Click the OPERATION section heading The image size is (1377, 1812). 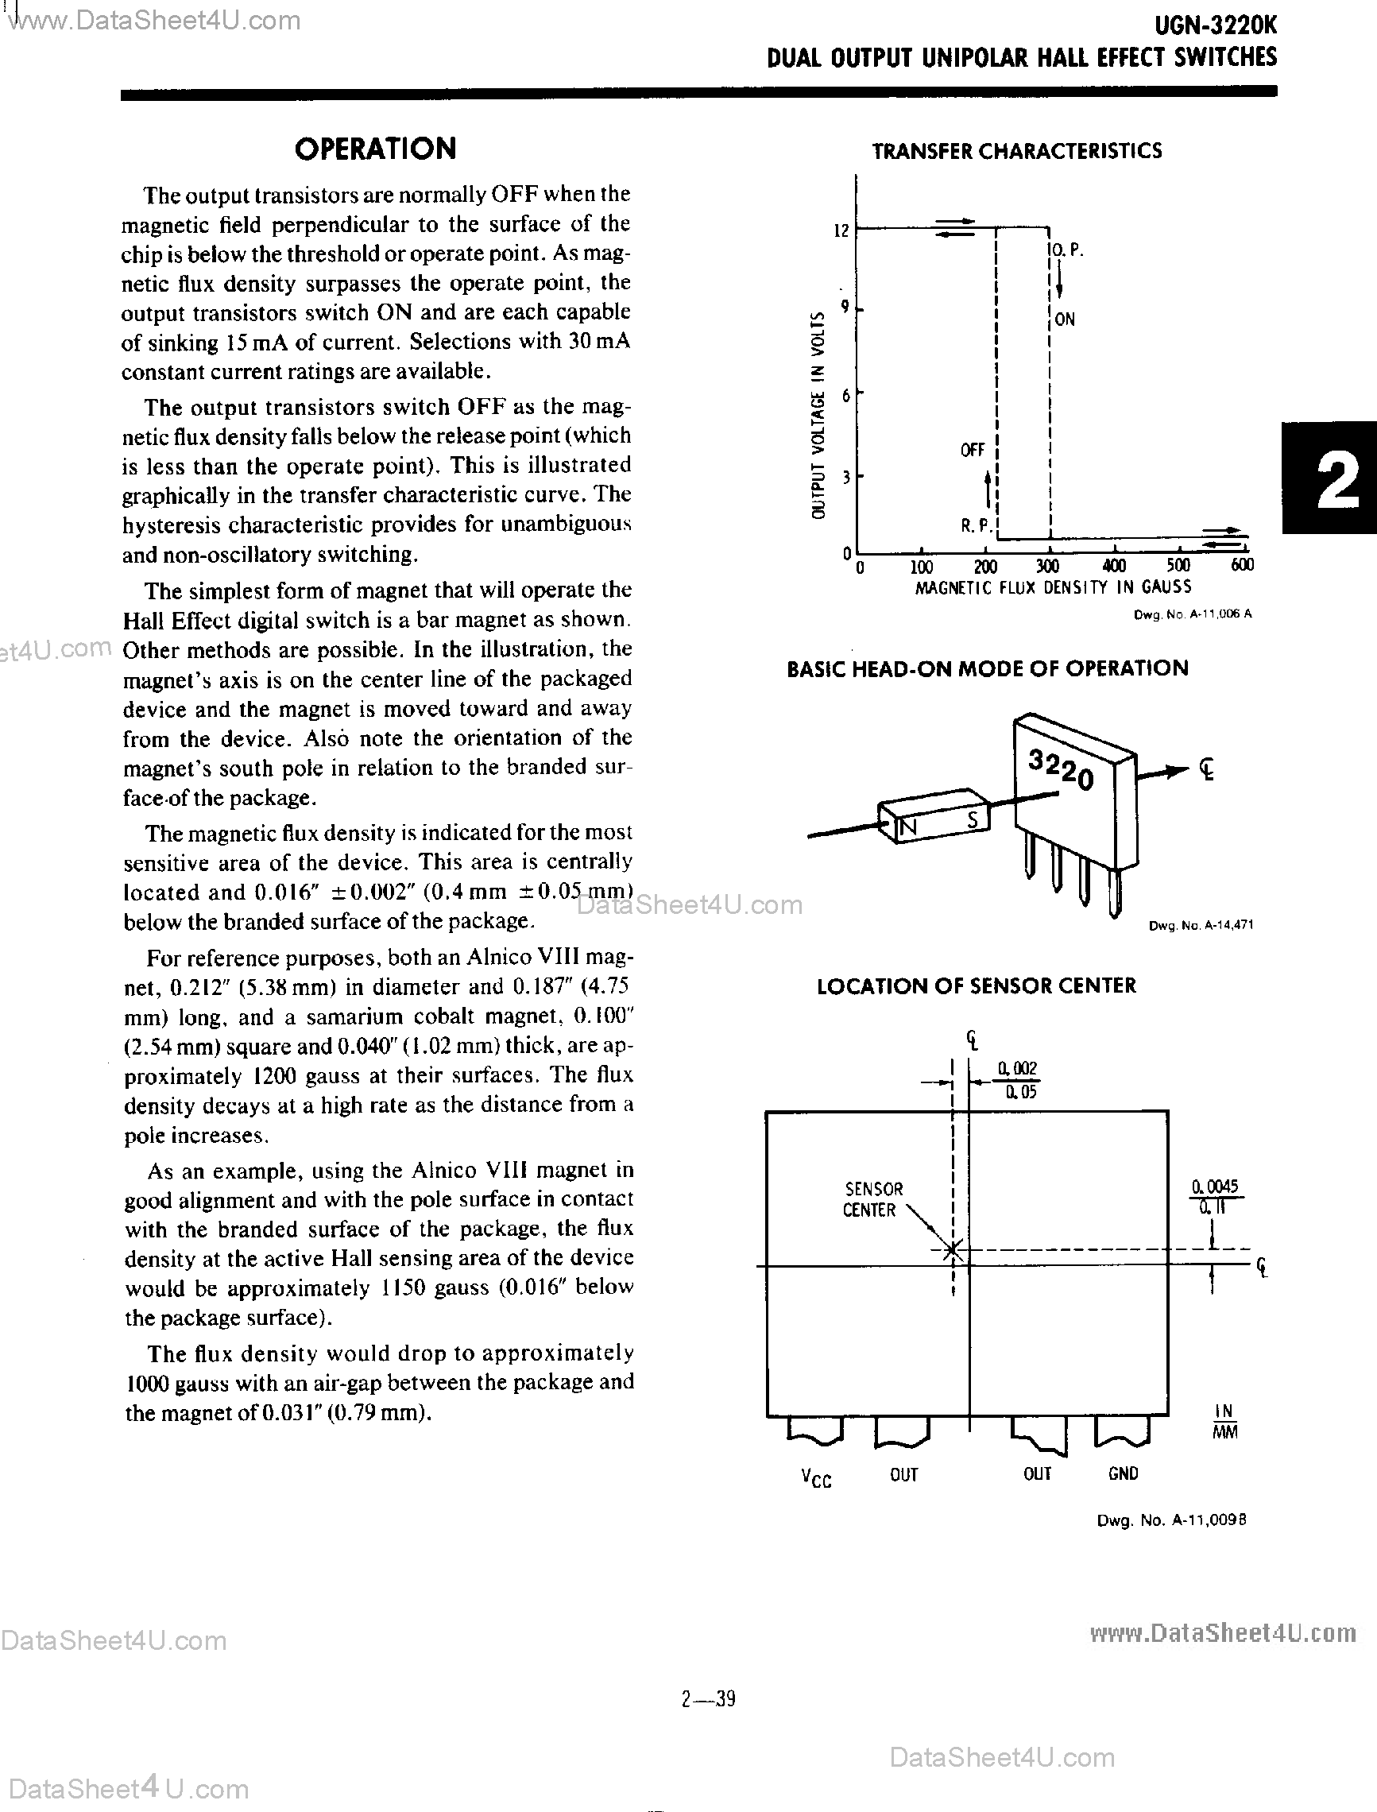tap(375, 149)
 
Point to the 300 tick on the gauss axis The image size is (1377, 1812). tap(1047, 566)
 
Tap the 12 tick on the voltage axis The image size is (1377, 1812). tap(841, 231)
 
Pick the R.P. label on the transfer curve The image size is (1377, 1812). tap(977, 525)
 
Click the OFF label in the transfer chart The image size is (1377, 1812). tap(972, 450)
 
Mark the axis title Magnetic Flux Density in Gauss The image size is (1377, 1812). tap(1053, 587)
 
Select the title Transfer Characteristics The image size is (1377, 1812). tap(1016, 151)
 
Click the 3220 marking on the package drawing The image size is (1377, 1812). tap(1061, 771)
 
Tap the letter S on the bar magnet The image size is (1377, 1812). tap(973, 819)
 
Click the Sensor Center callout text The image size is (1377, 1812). tap(872, 1199)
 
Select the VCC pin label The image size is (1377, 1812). tap(815, 1478)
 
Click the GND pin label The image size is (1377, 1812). tap(1122, 1474)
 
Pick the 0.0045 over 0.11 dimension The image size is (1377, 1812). tap(1215, 1196)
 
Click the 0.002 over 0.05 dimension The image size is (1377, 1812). tap(1017, 1080)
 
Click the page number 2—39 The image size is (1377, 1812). tap(708, 1699)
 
